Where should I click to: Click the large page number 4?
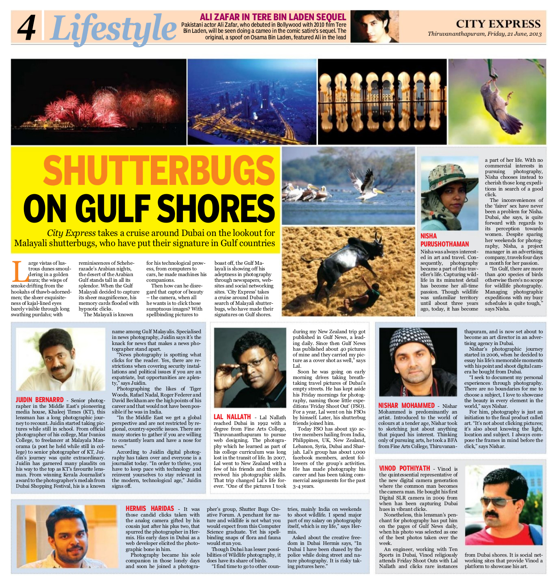click(26, 28)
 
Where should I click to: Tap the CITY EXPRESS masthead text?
click(498, 24)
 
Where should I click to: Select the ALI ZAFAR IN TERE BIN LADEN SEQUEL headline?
click(273, 17)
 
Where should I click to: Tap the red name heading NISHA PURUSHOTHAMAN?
click(444, 240)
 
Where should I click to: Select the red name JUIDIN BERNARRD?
click(40, 400)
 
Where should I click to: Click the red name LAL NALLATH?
click(232, 417)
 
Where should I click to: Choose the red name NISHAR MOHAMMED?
click(406, 405)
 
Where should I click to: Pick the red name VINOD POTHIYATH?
click(404, 468)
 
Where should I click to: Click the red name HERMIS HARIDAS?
click(150, 508)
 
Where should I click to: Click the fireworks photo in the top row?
click(99, 102)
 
